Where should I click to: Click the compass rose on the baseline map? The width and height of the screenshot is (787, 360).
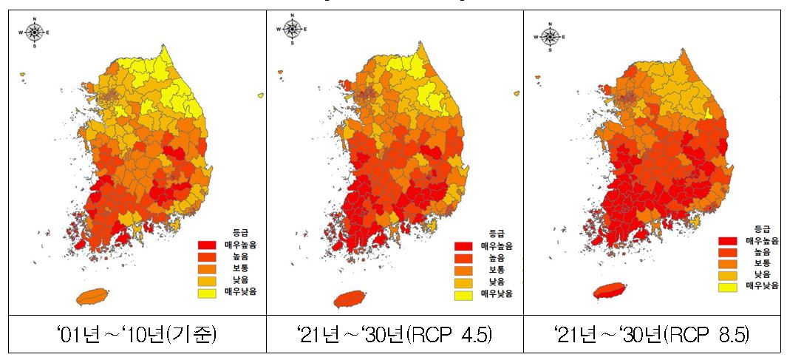[35, 33]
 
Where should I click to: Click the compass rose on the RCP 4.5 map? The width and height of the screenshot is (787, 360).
[292, 30]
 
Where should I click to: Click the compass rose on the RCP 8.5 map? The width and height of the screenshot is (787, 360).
[548, 35]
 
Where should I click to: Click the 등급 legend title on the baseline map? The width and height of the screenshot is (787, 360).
[232, 232]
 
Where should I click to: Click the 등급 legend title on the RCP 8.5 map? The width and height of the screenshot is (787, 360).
[762, 228]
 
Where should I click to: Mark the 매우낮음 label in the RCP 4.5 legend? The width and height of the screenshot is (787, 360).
[495, 296]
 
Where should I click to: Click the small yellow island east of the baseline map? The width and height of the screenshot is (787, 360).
[261, 95]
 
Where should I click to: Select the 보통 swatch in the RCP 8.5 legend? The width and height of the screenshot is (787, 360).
[729, 263]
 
